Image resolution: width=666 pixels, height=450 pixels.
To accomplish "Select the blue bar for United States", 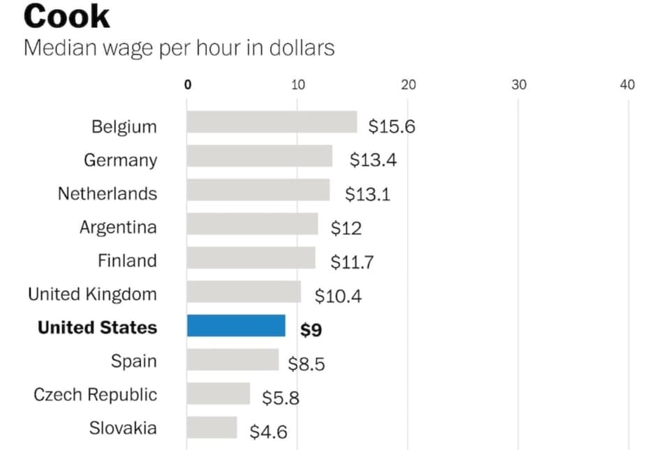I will click(236, 326).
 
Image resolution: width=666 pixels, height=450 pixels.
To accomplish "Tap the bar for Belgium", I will click(272, 123).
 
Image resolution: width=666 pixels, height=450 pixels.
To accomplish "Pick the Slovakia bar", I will click(212, 427).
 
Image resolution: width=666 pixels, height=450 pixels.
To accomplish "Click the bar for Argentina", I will click(252, 225).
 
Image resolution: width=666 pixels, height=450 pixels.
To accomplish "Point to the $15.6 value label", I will click(392, 126).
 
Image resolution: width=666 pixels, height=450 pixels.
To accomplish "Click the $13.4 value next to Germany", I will click(373, 160).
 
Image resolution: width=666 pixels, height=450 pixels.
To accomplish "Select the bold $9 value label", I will click(311, 329).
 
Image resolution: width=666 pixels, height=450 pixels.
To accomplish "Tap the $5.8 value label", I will click(281, 398).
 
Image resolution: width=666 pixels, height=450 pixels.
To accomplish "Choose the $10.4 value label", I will click(338, 296).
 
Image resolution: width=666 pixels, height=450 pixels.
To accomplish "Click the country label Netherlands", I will click(108, 193).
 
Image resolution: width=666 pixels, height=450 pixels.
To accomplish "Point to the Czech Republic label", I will click(96, 394).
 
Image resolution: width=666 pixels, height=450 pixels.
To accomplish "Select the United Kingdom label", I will click(92, 294).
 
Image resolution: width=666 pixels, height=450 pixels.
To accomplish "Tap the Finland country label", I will click(127, 260).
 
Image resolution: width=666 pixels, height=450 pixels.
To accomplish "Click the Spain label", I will click(133, 361).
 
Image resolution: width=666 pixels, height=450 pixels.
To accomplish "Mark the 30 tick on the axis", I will click(519, 85).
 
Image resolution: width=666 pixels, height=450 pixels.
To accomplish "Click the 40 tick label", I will click(628, 85).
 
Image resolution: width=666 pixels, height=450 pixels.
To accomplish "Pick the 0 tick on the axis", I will click(188, 85).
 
